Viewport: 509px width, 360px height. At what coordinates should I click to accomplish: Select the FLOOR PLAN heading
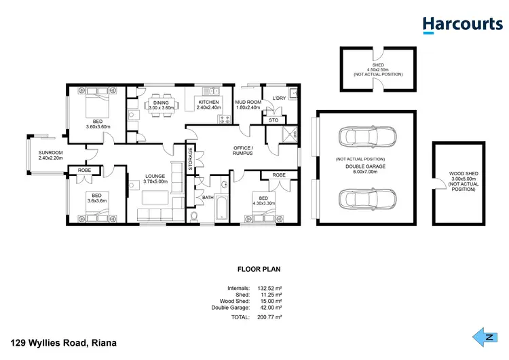tap(254, 269)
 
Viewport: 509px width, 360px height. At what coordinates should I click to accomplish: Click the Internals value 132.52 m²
tap(269, 288)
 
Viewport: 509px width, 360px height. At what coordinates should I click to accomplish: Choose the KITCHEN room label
tap(208, 103)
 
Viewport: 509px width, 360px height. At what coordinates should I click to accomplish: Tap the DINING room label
tap(162, 103)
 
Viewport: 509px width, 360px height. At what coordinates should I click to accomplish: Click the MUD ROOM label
tap(248, 103)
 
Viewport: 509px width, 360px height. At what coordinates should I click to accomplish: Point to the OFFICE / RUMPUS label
tap(242, 150)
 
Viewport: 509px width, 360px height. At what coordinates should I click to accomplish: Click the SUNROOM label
tap(51, 153)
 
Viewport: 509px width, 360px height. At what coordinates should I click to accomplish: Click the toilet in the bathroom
tap(195, 217)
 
